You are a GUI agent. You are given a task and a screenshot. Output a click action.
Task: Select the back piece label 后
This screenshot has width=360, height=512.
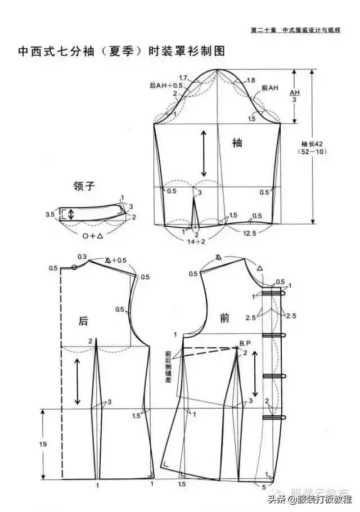pyautogui.click(x=83, y=321)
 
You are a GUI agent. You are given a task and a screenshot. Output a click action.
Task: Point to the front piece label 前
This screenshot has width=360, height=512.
pyautogui.click(x=225, y=318)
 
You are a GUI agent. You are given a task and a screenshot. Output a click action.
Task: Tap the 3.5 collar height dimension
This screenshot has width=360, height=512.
pyautogui.click(x=49, y=214)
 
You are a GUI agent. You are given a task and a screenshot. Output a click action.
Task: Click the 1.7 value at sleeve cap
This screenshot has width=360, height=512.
pyautogui.click(x=183, y=77)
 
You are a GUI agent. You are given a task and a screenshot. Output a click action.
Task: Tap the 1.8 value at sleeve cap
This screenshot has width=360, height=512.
pyautogui.click(x=251, y=80)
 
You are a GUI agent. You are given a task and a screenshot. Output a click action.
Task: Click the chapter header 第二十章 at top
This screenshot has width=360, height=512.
pyautogui.click(x=263, y=30)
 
